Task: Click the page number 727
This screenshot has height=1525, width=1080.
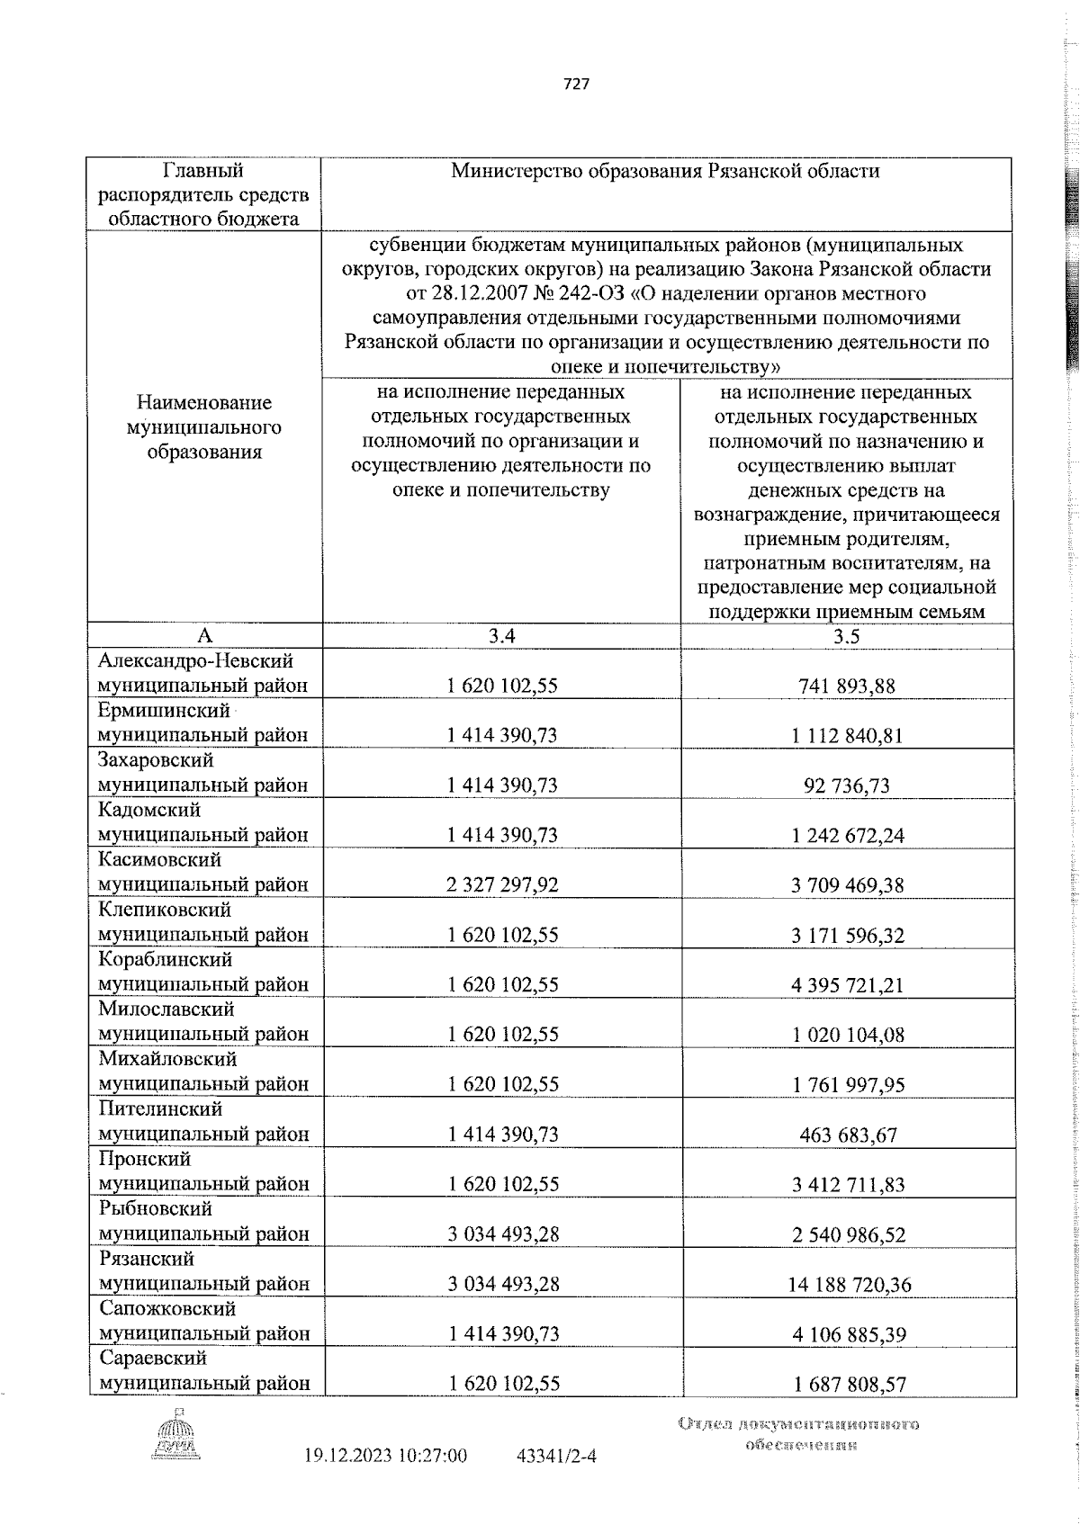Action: (576, 84)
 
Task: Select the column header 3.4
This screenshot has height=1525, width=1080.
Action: (501, 636)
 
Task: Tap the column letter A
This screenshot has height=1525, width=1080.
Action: (204, 636)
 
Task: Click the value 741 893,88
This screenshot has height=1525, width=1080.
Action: (846, 686)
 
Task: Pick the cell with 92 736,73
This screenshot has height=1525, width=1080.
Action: (846, 785)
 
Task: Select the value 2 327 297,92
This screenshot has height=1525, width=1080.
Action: (502, 884)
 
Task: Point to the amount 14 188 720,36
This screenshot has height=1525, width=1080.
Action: (849, 1284)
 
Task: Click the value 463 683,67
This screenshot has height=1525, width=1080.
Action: (848, 1135)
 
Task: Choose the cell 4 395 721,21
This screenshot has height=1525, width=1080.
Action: (848, 984)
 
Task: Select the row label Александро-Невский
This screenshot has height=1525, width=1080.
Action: (195, 661)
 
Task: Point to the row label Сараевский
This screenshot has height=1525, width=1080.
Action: (153, 1359)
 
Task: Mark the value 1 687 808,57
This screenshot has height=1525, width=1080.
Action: (848, 1384)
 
